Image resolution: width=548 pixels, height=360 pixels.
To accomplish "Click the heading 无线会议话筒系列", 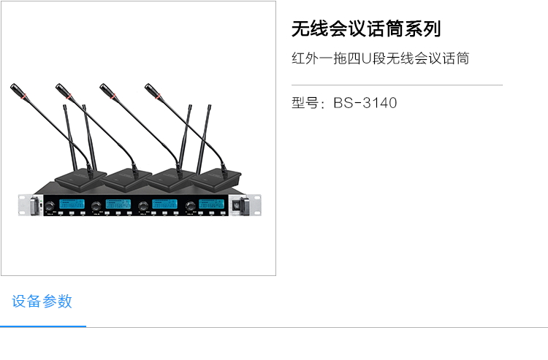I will [366, 29].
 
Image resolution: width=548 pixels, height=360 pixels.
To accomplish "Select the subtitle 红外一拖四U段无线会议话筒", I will [380, 58].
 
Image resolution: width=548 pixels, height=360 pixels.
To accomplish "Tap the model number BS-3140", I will [365, 103].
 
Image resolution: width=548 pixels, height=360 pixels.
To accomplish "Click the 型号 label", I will [306, 103].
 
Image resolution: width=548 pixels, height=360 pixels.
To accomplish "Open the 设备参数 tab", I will [42, 301].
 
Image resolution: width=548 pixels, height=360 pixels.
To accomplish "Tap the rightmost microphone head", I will [152, 91].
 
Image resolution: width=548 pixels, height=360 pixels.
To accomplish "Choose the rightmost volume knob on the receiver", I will [191, 206].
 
